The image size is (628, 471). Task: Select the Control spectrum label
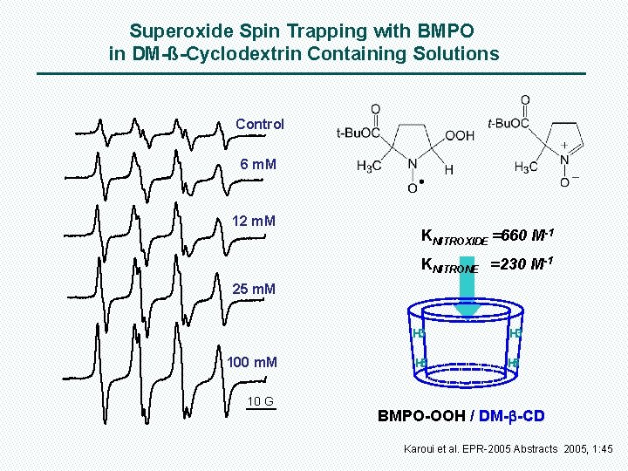(260, 124)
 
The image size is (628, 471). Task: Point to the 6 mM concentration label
(258, 164)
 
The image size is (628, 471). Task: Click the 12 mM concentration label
(254, 221)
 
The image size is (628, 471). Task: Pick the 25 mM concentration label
(254, 289)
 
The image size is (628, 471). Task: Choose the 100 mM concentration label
(252, 361)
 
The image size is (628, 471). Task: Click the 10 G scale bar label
(260, 401)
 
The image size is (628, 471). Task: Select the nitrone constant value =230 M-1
(522, 264)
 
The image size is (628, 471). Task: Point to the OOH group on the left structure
(460, 136)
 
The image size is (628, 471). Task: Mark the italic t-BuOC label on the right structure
(508, 123)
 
